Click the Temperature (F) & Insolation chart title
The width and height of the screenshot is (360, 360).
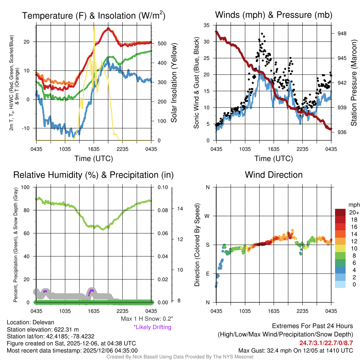click(94, 15)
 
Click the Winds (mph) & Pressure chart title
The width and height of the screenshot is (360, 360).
click(274, 15)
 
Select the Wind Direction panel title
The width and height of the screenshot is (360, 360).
click(274, 175)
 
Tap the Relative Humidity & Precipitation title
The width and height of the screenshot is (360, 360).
click(94, 175)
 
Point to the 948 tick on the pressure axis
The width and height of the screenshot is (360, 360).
click(341, 33)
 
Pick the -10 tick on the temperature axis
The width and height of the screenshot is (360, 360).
click(27, 128)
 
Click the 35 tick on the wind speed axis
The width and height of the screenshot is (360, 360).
click(207, 25)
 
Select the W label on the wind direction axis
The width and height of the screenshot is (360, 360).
click(207, 216)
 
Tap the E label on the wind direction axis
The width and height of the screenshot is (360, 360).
click(208, 274)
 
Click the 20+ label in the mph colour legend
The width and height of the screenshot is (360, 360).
click(353, 213)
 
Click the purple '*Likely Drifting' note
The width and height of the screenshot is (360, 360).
click(152, 327)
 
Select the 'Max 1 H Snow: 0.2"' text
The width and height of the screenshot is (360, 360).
click(147, 319)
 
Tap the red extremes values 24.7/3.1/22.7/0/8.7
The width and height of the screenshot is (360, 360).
click(326, 343)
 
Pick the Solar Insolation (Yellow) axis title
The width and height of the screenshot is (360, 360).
click(174, 83)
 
